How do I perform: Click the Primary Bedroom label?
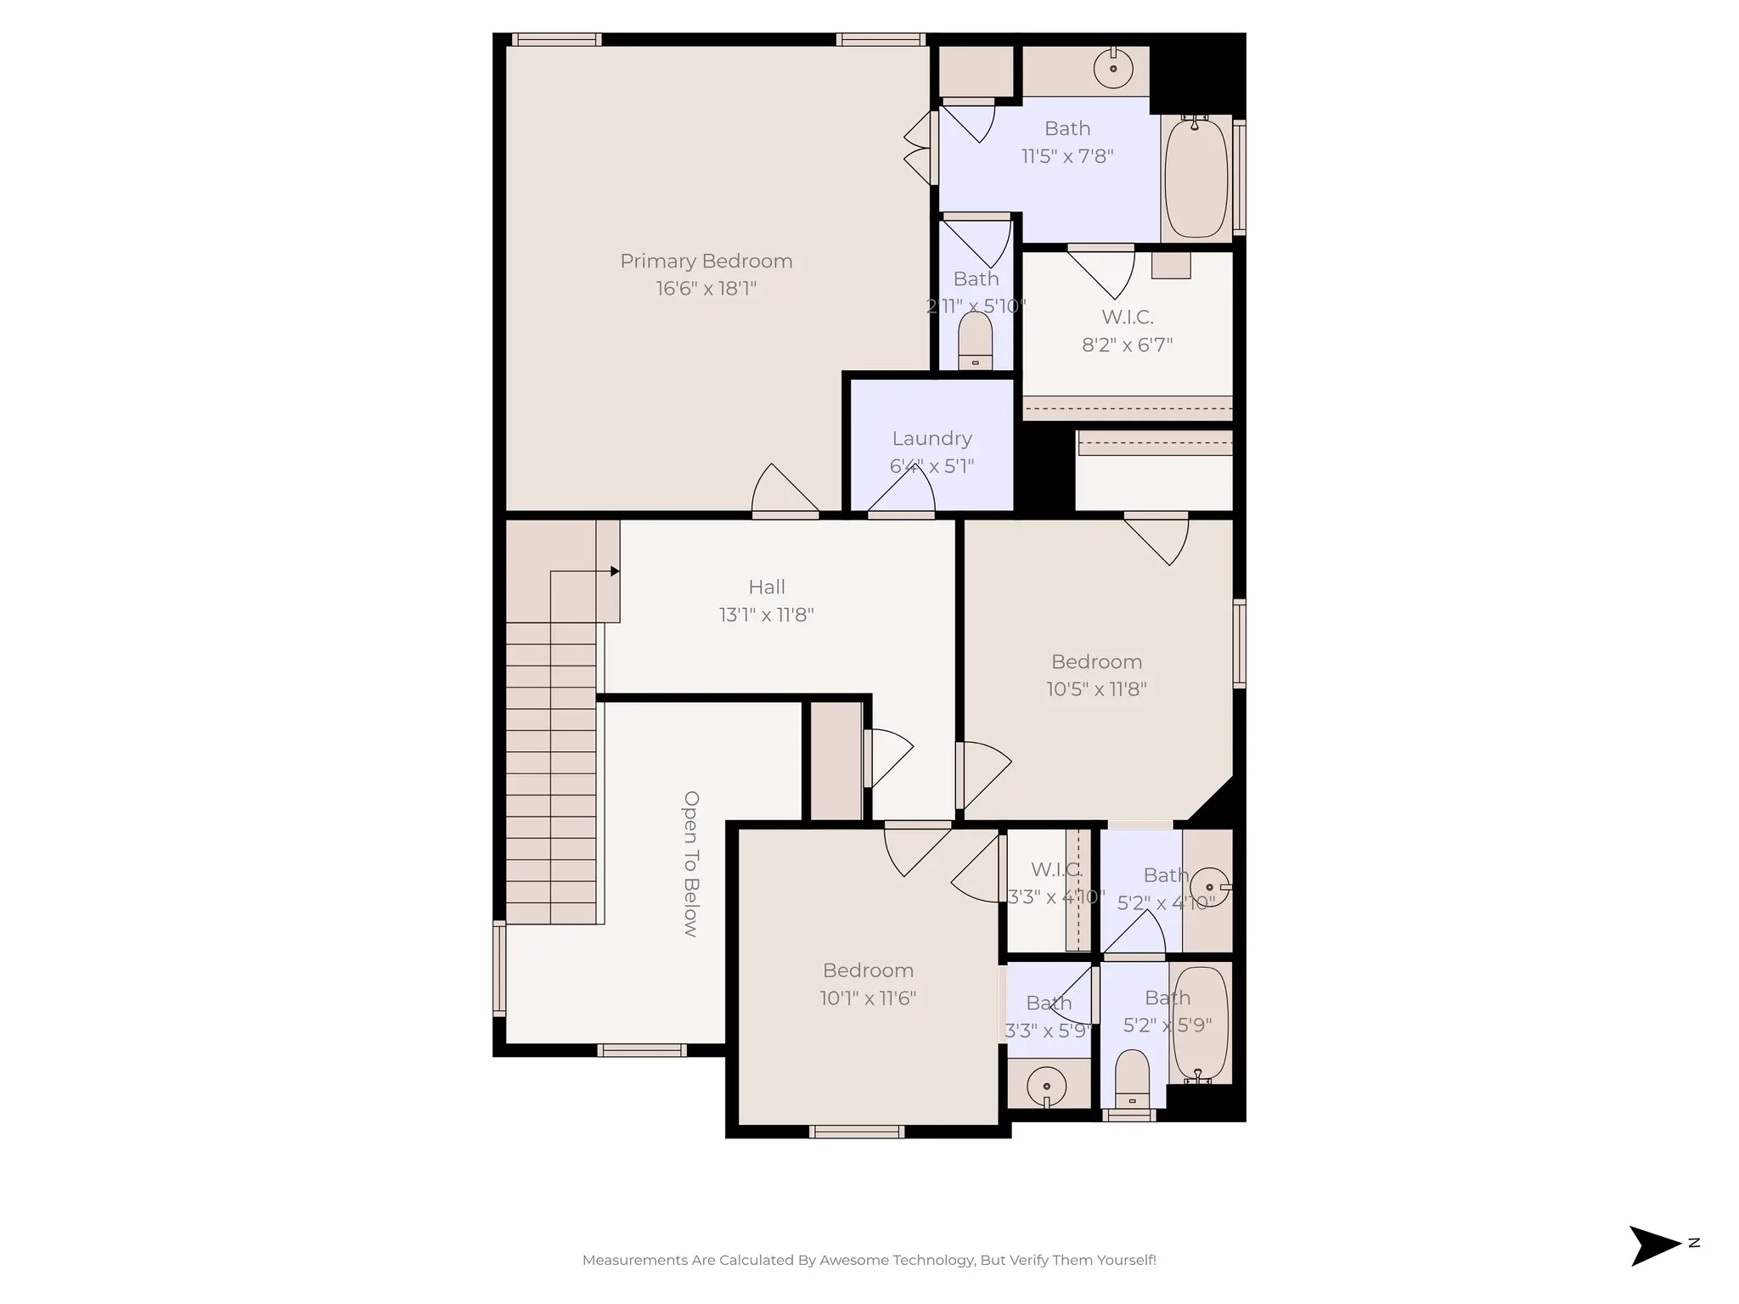(x=706, y=261)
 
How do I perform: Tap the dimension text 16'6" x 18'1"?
(x=706, y=289)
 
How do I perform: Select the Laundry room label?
(x=931, y=439)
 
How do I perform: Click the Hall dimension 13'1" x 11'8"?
(x=766, y=615)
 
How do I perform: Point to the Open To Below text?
(x=691, y=863)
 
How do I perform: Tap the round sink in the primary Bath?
(x=1112, y=69)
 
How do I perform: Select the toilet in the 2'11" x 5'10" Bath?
(x=975, y=341)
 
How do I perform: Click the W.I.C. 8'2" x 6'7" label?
(x=1127, y=318)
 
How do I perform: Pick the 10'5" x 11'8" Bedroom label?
(x=1096, y=662)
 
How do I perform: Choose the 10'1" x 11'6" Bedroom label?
(x=868, y=970)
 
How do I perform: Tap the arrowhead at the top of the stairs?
(x=615, y=571)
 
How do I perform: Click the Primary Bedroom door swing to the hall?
(x=783, y=492)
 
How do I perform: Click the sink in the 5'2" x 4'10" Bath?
(x=1209, y=887)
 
